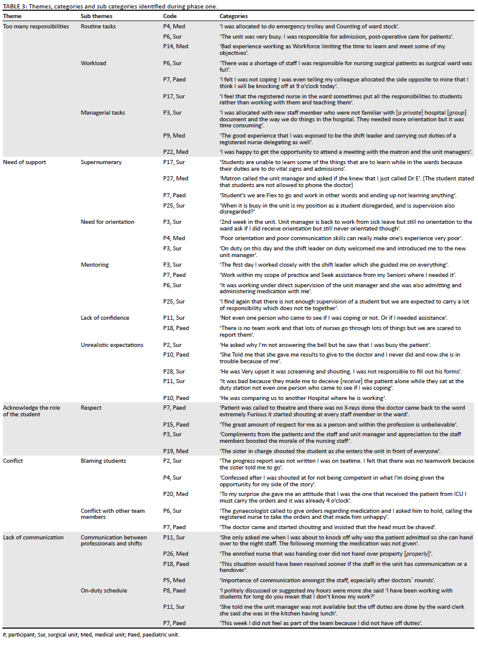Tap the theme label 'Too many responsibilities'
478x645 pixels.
coord(36,27)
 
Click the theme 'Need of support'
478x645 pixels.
coord(24,162)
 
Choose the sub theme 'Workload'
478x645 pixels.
coord(93,63)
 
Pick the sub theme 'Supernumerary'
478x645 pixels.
coord(101,162)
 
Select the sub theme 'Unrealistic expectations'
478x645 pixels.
coord(112,345)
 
